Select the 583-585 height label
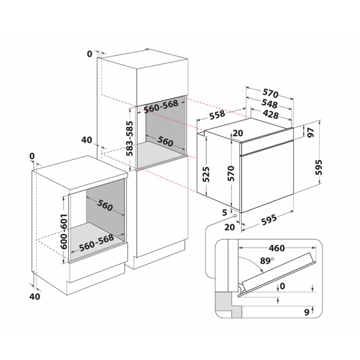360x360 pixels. (129, 139)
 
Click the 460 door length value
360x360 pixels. (277, 247)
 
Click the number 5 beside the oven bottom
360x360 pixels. (224, 212)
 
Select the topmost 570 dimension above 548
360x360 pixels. (271, 94)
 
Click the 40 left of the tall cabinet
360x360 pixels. (86, 140)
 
